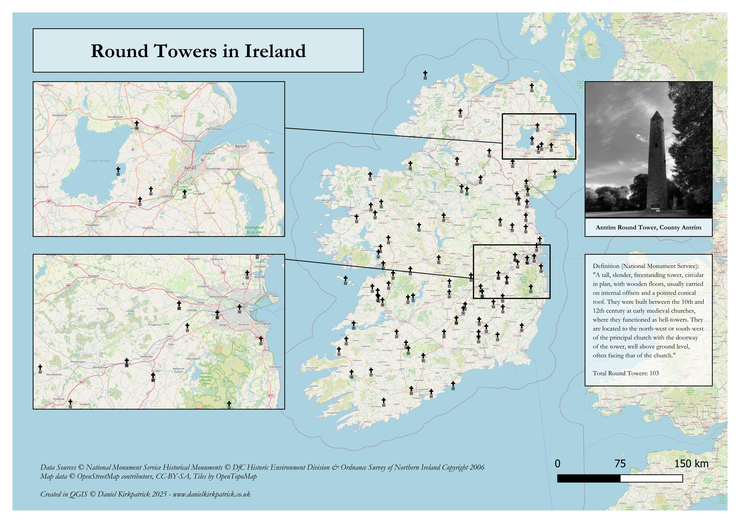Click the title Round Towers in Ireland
[198, 51]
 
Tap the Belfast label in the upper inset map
[190, 168]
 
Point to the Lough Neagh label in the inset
[98, 160]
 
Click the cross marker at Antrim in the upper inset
[137, 123]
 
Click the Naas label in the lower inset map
[171, 344]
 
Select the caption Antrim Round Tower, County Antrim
[648, 227]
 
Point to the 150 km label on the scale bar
[691, 464]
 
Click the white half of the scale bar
[651, 478]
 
